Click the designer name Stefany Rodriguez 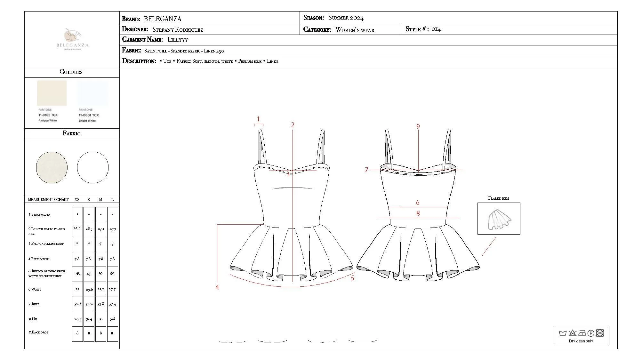(x=178, y=29)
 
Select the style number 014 (x=436, y=29)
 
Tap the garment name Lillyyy (x=177, y=40)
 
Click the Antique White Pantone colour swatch (x=52, y=93)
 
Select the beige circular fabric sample (x=52, y=167)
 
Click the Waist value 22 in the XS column (x=77, y=289)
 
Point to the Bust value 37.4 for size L (x=113, y=304)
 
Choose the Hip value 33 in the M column (x=100, y=319)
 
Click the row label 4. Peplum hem (x=39, y=259)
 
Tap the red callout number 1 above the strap (x=258, y=119)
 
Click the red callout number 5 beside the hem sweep (x=352, y=278)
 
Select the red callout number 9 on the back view (x=418, y=126)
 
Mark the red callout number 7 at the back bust (x=366, y=170)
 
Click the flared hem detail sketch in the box (x=499, y=220)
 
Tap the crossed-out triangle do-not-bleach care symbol (x=572, y=333)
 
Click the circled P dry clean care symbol (x=591, y=333)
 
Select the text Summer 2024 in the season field (x=346, y=18)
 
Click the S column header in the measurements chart (x=89, y=199)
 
